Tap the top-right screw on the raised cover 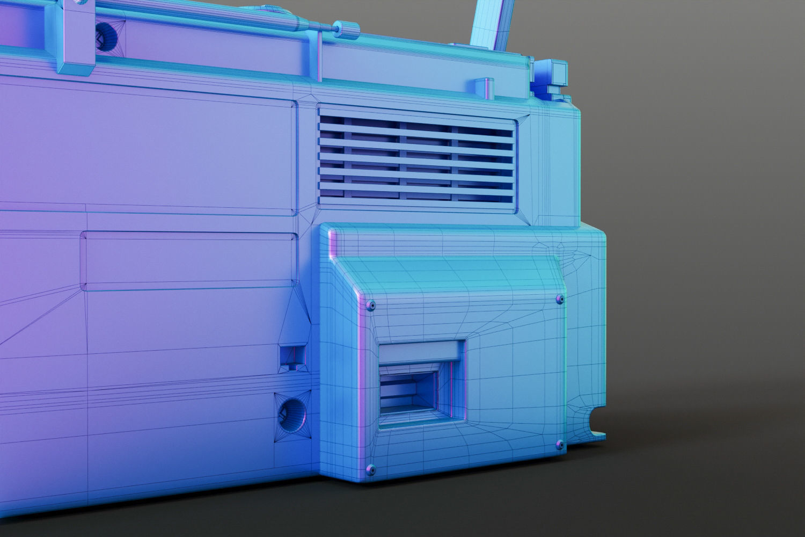[x=559, y=297]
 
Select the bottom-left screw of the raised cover [x=371, y=469]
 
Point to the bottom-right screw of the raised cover [x=559, y=445]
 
